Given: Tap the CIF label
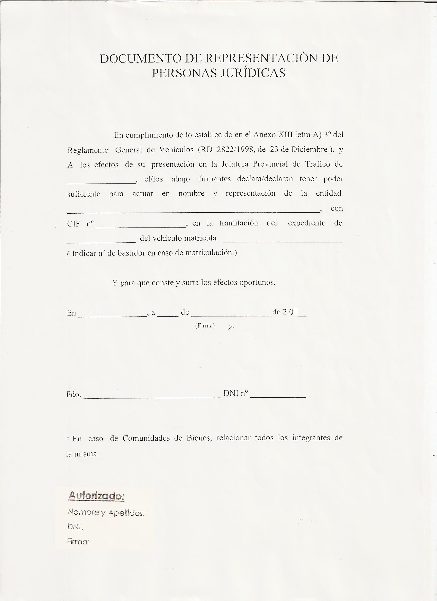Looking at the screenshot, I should [x=74, y=224].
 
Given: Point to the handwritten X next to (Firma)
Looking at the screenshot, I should [x=231, y=327].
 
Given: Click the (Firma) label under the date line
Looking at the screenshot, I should [x=205, y=326].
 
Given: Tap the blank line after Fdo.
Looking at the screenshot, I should [x=152, y=397].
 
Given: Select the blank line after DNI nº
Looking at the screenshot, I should [x=277, y=397].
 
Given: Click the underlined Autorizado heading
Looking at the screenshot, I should [x=96, y=496].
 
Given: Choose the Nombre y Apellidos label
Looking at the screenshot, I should [x=106, y=513].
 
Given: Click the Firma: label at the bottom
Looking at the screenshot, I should [x=78, y=542].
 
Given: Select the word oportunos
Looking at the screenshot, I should [x=257, y=283].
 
